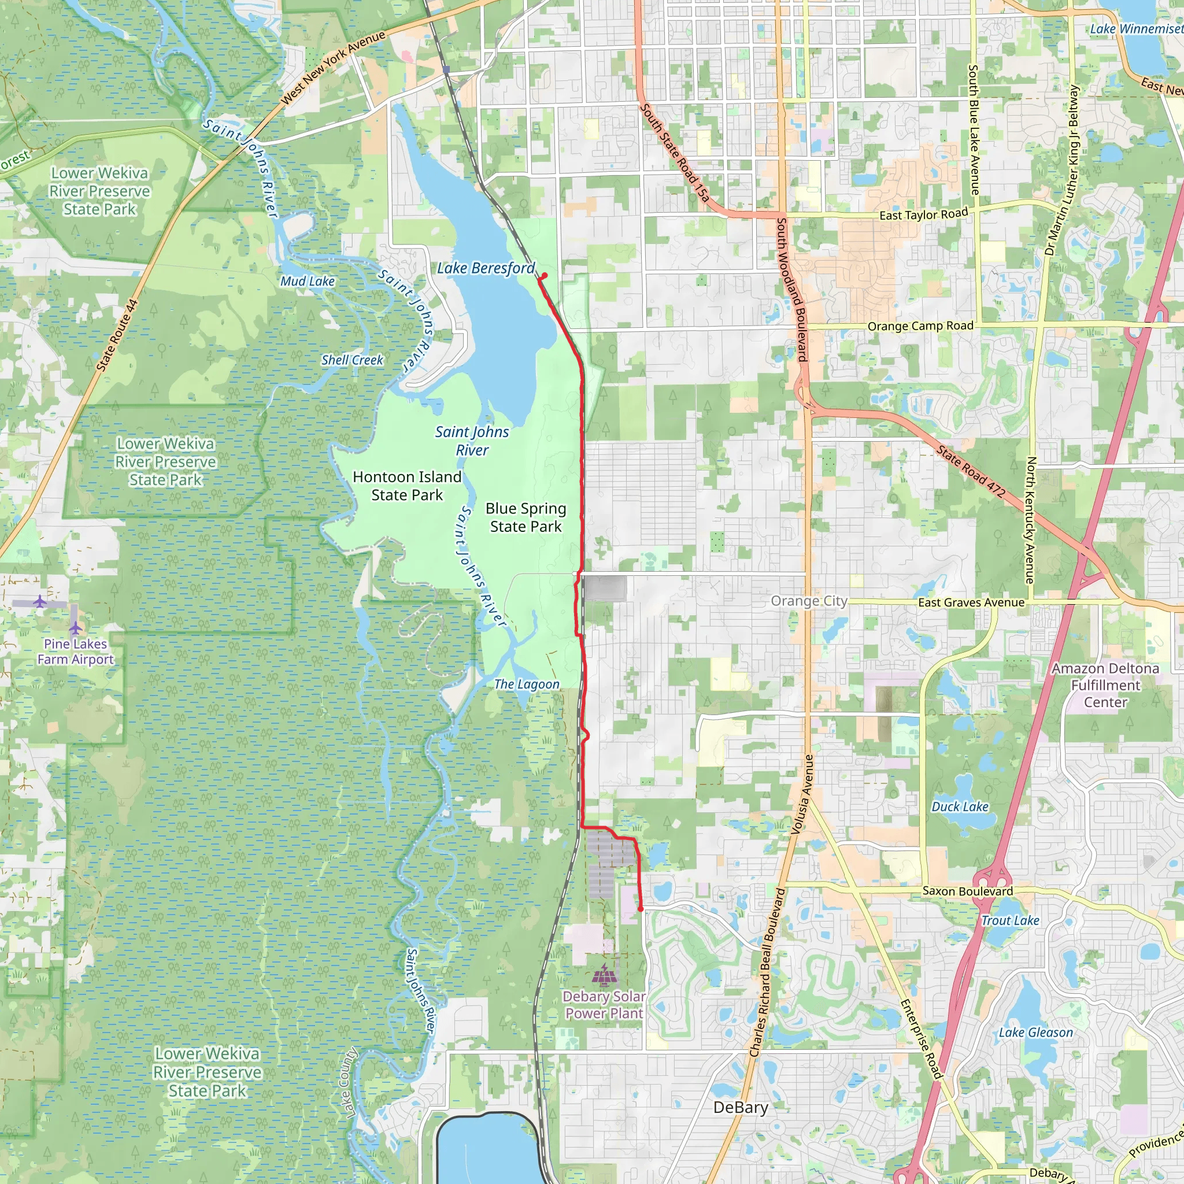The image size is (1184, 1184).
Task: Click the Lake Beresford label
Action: pyautogui.click(x=486, y=268)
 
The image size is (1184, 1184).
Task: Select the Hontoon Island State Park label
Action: pyautogui.click(x=407, y=486)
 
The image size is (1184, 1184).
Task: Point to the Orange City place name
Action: pyautogui.click(x=809, y=601)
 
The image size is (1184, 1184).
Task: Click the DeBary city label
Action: pyautogui.click(x=741, y=1107)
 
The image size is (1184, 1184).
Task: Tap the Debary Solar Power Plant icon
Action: pyautogui.click(x=604, y=973)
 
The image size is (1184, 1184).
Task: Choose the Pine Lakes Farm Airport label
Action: pyautogui.click(x=75, y=652)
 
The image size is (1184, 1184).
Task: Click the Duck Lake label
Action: pyautogui.click(x=960, y=806)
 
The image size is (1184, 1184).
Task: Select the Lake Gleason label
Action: pyautogui.click(x=1035, y=1033)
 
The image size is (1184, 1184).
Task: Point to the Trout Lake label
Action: pyautogui.click(x=1010, y=920)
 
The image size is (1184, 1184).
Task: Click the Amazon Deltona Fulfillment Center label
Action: pyautogui.click(x=1105, y=685)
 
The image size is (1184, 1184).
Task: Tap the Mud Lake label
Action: pyautogui.click(x=308, y=282)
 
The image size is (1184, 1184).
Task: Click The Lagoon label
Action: pyautogui.click(x=527, y=684)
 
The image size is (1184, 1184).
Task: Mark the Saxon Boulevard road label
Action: pyautogui.click(x=968, y=891)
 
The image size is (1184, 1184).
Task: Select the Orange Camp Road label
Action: pyautogui.click(x=920, y=326)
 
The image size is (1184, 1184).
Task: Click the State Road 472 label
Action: pyautogui.click(x=971, y=471)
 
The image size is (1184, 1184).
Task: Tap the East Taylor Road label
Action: pyautogui.click(x=923, y=214)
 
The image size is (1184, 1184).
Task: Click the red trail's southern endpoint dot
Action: pyautogui.click(x=641, y=909)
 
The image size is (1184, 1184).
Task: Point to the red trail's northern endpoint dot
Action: pyautogui.click(x=544, y=275)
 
